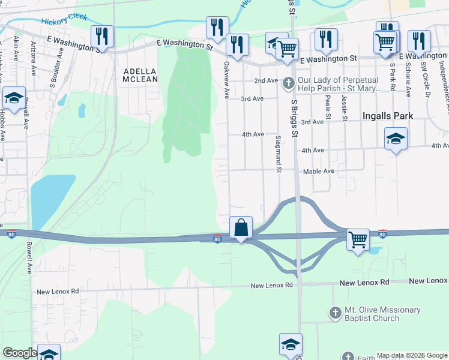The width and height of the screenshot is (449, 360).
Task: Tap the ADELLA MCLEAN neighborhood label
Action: coord(140,75)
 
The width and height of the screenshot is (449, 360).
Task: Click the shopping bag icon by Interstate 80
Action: coord(241,228)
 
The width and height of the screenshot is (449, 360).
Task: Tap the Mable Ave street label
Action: coord(319,171)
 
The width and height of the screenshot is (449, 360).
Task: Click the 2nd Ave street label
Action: coord(266,80)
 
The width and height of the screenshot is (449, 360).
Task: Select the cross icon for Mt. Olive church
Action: coord(336,313)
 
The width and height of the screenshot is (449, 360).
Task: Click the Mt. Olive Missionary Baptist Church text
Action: coord(382,314)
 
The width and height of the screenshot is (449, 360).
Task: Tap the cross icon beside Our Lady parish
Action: coord(289,83)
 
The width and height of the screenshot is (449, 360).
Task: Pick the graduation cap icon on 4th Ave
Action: coord(396,139)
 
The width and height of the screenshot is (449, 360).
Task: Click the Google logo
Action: coord(19,353)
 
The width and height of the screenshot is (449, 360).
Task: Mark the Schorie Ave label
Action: coord(408,79)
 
